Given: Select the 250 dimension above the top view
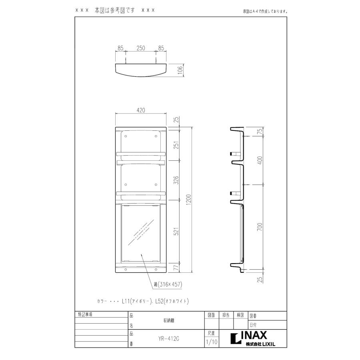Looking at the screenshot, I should pos(140,48).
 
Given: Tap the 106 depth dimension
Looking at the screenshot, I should pos(180,70).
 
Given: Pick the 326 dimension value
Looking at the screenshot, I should pos(176,182).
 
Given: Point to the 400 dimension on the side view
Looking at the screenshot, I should pos(260,160).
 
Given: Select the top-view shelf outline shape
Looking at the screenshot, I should pos(140,71).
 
